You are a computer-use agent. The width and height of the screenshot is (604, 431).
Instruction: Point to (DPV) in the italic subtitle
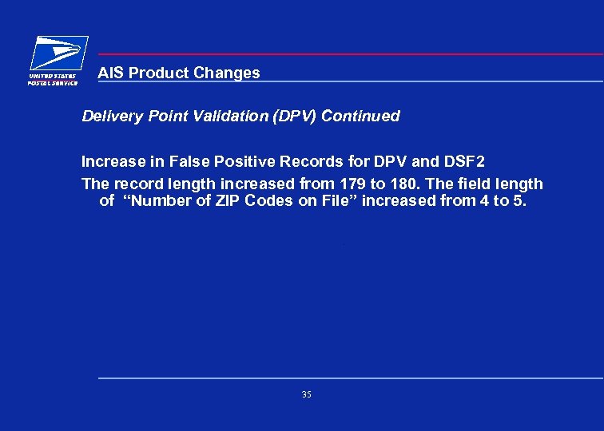[x=295, y=117]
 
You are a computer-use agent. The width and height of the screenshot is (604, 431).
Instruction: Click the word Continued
[x=360, y=117]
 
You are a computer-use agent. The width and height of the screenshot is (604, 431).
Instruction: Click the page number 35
[x=307, y=394]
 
